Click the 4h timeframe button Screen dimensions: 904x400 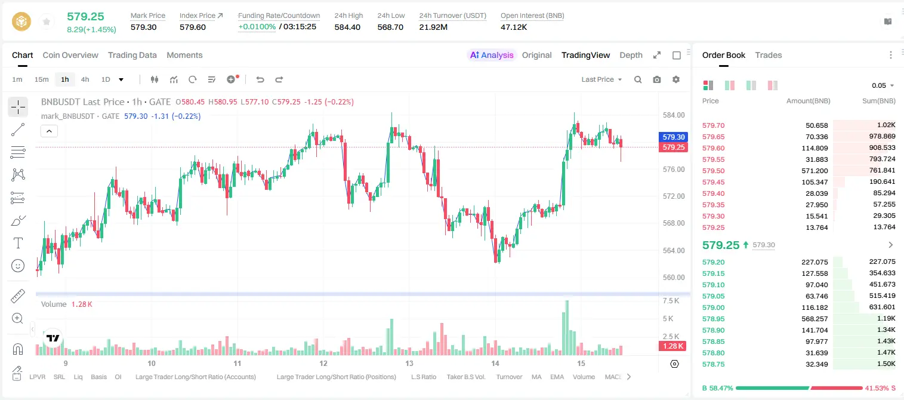(85, 79)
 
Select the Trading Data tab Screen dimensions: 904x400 (132, 55)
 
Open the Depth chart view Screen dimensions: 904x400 (631, 55)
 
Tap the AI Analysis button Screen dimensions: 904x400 (492, 55)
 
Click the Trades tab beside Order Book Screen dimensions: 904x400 (769, 55)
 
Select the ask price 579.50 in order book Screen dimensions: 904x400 (714, 171)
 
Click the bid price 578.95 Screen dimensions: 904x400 (714, 319)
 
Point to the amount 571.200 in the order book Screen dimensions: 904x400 (814, 171)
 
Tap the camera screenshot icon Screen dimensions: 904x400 (657, 79)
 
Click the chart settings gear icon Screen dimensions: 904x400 (676, 79)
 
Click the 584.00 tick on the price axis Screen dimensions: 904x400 (674, 115)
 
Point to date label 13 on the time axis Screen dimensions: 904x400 (409, 363)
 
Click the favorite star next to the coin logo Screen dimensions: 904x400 (47, 21)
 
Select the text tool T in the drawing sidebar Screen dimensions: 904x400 (18, 243)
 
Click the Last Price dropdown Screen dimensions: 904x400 (601, 79)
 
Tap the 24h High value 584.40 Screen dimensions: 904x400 (347, 27)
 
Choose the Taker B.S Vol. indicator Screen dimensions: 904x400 (465, 377)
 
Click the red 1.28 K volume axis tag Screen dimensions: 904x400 (672, 346)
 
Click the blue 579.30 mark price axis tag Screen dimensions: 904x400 (673, 137)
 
